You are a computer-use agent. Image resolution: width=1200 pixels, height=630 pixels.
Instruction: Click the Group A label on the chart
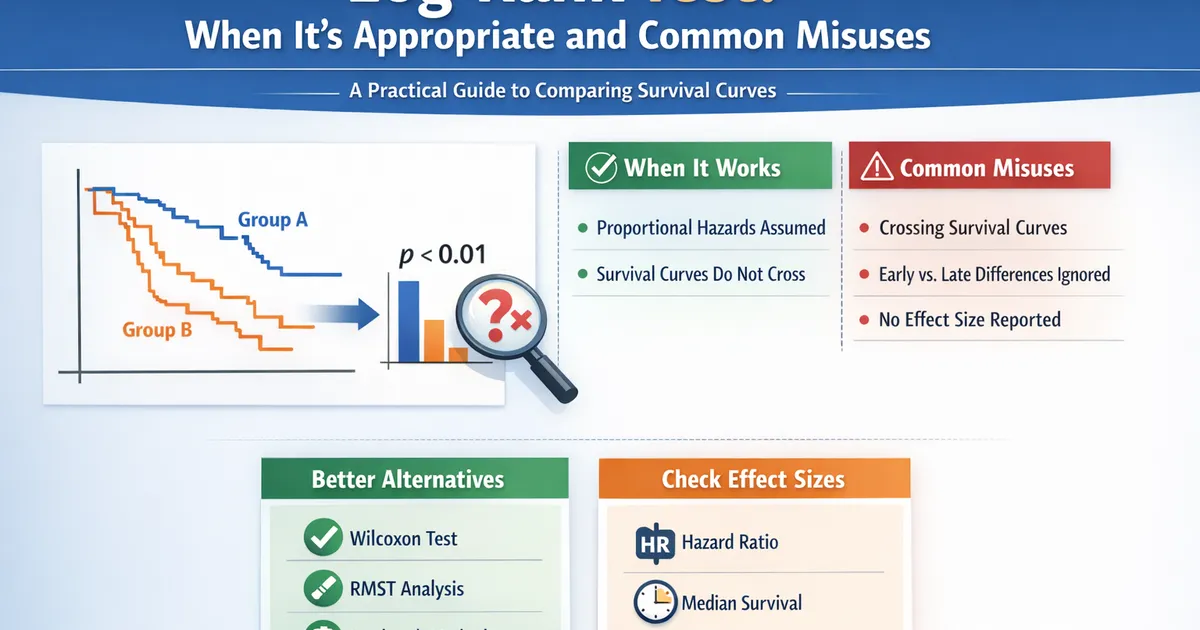click(x=272, y=219)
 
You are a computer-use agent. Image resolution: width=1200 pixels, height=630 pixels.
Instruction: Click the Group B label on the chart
click(x=157, y=328)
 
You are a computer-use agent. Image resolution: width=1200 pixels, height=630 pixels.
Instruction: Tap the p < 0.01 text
click(x=442, y=254)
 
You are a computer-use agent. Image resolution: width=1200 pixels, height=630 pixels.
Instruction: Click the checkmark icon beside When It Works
click(x=601, y=167)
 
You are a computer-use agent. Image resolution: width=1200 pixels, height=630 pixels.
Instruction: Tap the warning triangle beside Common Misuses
click(x=876, y=167)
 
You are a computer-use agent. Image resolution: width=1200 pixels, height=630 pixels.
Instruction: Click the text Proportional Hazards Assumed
click(x=711, y=228)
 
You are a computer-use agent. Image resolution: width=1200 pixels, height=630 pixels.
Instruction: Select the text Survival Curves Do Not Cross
click(x=700, y=274)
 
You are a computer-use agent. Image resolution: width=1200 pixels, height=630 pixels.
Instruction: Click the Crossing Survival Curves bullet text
click(x=972, y=228)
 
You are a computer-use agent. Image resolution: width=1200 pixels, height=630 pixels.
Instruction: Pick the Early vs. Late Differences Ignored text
click(x=994, y=274)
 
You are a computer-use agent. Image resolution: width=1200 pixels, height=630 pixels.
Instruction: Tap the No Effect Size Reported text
click(x=969, y=320)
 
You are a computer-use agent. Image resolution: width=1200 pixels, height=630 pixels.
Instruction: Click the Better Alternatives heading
click(x=407, y=479)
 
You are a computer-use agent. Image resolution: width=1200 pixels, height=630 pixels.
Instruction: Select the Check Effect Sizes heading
click(x=753, y=479)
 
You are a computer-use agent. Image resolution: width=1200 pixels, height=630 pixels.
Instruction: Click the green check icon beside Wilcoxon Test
click(x=321, y=539)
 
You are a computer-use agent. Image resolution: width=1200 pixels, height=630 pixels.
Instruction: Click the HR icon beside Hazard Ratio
click(x=654, y=543)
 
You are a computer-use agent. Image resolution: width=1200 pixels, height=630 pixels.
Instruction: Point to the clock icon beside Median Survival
click(x=654, y=602)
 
